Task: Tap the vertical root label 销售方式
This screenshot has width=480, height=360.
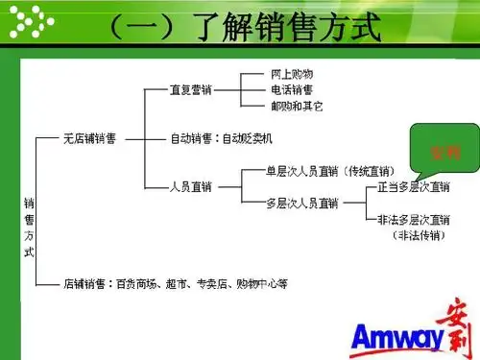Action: (x=29, y=227)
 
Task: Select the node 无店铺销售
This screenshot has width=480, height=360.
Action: (x=90, y=137)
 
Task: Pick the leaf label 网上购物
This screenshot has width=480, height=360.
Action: (x=292, y=74)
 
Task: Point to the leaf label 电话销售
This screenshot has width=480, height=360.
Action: (x=292, y=89)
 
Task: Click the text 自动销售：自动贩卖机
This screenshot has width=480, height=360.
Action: (x=222, y=137)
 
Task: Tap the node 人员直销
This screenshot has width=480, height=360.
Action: (x=190, y=185)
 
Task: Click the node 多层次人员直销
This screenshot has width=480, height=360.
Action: (x=302, y=203)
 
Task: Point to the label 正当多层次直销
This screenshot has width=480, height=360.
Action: (x=412, y=186)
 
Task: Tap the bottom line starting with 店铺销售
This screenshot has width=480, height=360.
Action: (x=176, y=283)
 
